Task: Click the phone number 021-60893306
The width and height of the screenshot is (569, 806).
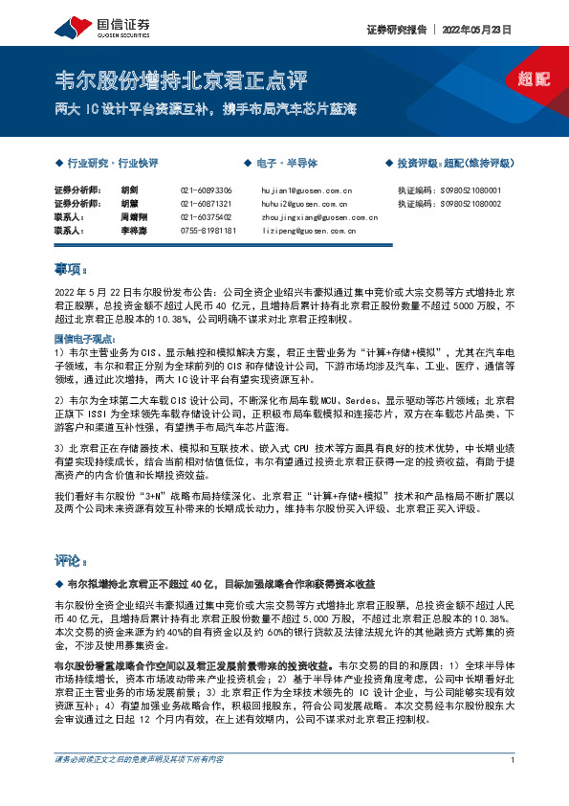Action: point(206,190)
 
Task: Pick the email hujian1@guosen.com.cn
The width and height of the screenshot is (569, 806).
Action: point(307,190)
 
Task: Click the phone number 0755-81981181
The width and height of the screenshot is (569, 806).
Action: point(208,231)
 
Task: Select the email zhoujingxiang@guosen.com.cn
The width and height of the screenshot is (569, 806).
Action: point(314,217)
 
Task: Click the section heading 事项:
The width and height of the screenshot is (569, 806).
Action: point(72,269)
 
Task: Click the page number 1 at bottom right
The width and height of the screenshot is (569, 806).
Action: point(514,787)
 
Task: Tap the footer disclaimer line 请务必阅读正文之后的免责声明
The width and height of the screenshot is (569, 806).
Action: point(139,786)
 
